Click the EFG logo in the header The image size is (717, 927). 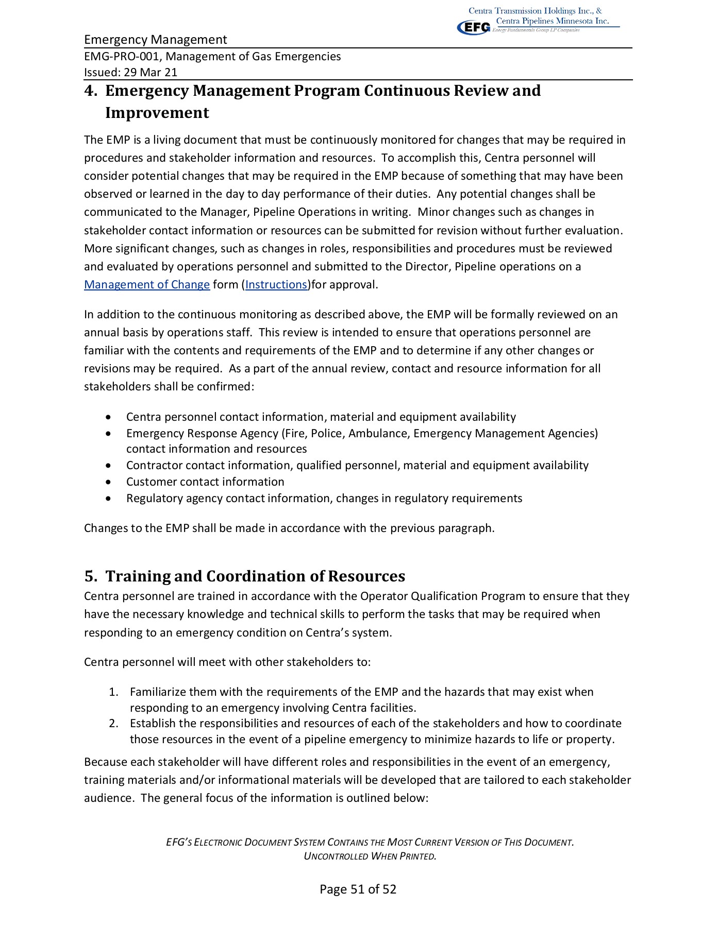coord(473,27)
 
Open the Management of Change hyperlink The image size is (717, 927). coord(147,285)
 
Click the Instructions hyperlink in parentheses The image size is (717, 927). coord(276,285)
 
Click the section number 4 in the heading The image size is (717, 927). coord(90,91)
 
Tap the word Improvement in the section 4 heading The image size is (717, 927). coord(157,113)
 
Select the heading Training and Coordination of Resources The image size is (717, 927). coord(255,576)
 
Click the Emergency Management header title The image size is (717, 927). coord(155,40)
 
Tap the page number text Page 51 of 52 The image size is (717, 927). coord(358,889)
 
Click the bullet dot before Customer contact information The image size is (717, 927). coord(108,483)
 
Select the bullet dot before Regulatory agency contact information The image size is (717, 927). coord(108,499)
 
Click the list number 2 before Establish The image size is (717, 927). coord(113,724)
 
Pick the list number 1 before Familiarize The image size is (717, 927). coord(113,692)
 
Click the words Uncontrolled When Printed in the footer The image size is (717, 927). coord(370,856)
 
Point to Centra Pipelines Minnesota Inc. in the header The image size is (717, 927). coord(552,21)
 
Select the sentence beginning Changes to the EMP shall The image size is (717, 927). coord(289,528)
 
